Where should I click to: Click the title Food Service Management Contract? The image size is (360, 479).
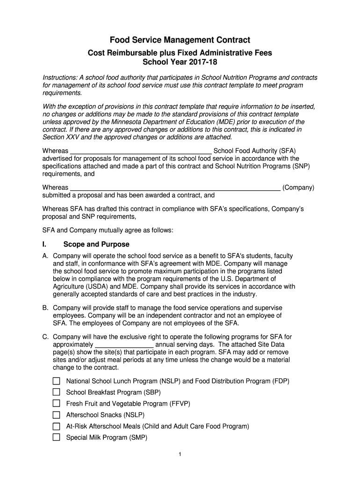pyautogui.click(x=180, y=40)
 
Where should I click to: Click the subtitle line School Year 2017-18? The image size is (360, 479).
pyautogui.click(x=180, y=62)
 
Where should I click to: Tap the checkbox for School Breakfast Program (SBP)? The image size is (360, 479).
pyautogui.click(x=57, y=392)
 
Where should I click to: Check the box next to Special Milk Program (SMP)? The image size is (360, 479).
pyautogui.click(x=57, y=437)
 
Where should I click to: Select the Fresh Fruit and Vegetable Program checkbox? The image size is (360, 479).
pyautogui.click(x=57, y=403)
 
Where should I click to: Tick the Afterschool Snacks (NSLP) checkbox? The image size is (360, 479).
pyautogui.click(x=57, y=415)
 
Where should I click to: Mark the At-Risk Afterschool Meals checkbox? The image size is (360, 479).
pyautogui.click(x=57, y=426)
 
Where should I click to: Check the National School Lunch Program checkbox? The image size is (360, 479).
pyautogui.click(x=57, y=381)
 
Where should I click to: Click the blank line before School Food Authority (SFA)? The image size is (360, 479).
pyautogui.click(x=141, y=151)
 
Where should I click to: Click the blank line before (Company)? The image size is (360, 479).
pyautogui.click(x=175, y=188)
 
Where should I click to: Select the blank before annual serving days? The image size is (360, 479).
pyautogui.click(x=124, y=344)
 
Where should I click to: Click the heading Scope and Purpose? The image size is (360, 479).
pyautogui.click(x=96, y=244)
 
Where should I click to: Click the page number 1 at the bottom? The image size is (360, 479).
pyautogui.click(x=180, y=454)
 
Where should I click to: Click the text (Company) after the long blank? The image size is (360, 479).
pyautogui.click(x=298, y=188)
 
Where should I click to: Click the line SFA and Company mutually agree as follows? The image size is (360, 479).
pyautogui.click(x=108, y=230)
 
